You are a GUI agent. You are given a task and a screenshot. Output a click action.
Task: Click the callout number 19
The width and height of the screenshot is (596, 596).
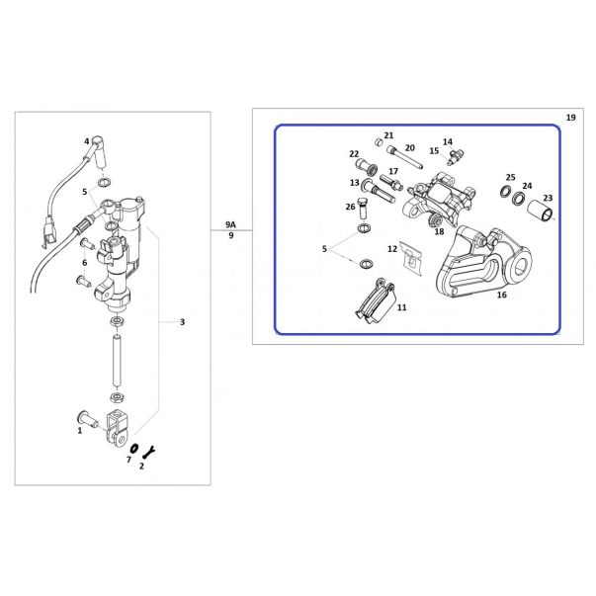click(x=570, y=118)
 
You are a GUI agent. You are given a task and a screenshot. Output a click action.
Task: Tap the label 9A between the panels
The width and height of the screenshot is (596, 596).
click(x=230, y=224)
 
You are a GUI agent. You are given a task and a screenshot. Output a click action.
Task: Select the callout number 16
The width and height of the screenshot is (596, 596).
click(x=502, y=295)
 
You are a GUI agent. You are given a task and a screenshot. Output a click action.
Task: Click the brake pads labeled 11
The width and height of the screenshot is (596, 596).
click(x=376, y=301)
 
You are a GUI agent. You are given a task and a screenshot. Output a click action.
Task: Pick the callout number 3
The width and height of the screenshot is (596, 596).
click(x=182, y=322)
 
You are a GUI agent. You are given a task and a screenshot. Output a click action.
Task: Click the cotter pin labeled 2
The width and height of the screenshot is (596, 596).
click(x=148, y=452)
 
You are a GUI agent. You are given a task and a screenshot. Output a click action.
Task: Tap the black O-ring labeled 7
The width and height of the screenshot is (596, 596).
click(x=133, y=449)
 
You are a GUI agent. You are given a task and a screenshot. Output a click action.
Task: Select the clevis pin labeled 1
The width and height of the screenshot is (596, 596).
click(x=87, y=420)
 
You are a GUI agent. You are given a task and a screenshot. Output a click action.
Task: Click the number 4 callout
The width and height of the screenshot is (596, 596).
click(x=87, y=141)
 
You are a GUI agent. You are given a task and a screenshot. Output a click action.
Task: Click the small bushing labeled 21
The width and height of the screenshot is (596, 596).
click(x=378, y=142)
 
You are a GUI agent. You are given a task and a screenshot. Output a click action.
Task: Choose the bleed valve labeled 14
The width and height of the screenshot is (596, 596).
click(x=455, y=156)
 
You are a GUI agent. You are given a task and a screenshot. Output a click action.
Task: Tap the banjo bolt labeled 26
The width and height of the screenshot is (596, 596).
click(x=364, y=208)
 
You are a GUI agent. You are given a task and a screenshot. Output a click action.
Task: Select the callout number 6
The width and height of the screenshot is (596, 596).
click(x=84, y=262)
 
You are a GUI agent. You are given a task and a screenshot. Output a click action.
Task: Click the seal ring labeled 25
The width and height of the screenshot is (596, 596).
click(x=506, y=191)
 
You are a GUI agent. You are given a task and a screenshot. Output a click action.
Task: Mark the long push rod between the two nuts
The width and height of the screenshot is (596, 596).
click(x=118, y=360)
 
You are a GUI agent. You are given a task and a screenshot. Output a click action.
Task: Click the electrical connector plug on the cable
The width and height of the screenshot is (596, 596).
click(x=49, y=232)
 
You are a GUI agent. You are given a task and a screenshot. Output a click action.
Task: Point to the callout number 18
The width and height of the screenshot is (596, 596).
click(x=439, y=231)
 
